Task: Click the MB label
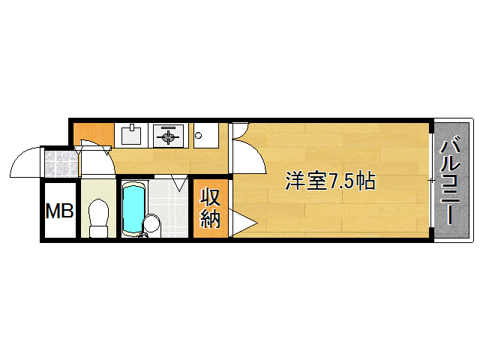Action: click(60, 211)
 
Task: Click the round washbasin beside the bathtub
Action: click(152, 223)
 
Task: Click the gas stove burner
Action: click(167, 136)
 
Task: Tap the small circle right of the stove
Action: click(199, 136)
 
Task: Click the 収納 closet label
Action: click(210, 208)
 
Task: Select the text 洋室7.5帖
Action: click(330, 181)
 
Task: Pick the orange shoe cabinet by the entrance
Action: click(93, 133)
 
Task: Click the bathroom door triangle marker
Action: click(179, 181)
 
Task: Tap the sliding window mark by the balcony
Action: click(431, 181)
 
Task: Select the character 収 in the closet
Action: click(210, 197)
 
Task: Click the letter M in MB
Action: click(54, 211)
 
